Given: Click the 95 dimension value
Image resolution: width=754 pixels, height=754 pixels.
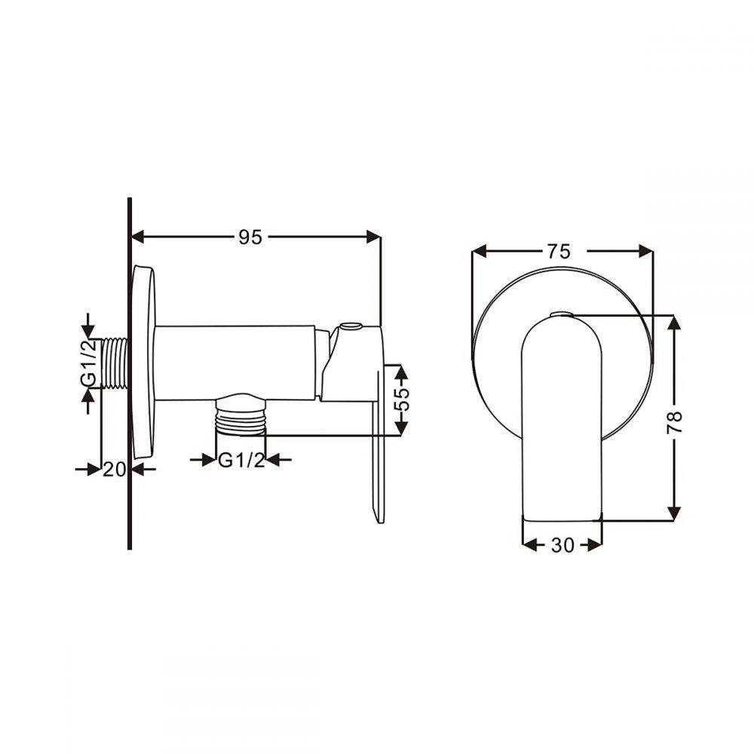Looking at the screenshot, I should click(x=250, y=237).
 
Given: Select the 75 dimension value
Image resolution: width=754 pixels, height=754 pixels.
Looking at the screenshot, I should click(x=559, y=252).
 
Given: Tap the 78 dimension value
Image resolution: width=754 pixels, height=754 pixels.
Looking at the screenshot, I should click(x=675, y=421).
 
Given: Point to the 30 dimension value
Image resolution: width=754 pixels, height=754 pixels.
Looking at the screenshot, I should click(x=562, y=544).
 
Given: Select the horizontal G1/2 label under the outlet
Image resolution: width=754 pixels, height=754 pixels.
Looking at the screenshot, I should click(x=241, y=460).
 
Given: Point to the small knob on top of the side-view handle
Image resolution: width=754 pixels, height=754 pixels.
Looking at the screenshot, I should click(x=351, y=328).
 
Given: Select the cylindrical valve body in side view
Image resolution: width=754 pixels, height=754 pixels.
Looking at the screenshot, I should click(x=234, y=362).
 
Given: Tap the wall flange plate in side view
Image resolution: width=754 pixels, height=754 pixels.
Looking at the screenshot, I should click(x=143, y=362).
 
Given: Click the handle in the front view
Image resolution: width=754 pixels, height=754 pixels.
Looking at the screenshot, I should click(x=562, y=422).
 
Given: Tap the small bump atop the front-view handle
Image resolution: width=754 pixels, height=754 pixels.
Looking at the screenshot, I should click(x=562, y=314).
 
